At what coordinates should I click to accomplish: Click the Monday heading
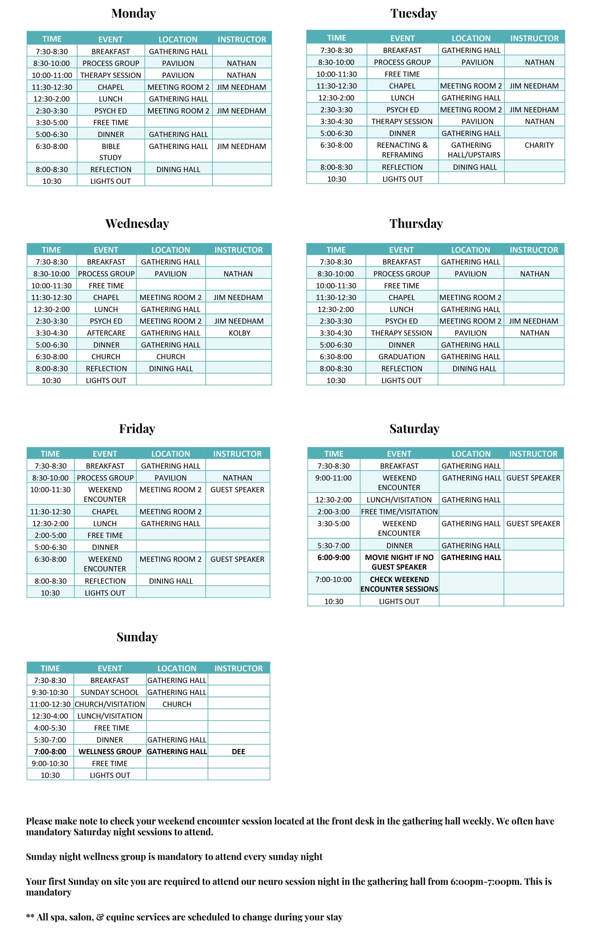pos(133,13)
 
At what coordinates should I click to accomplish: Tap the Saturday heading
pos(414,429)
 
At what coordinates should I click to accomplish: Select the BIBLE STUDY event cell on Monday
pos(110,152)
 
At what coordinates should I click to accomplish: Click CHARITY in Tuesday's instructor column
pos(539,145)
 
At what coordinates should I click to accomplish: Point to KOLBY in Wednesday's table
pos(239,333)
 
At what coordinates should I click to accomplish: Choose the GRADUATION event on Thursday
pos(401,357)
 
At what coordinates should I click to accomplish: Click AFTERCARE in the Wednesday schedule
pos(106,333)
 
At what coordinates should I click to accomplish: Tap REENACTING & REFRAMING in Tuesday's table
pos(402,150)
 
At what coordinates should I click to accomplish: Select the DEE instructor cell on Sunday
pos(238,752)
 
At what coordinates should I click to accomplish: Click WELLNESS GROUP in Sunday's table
pos(110,752)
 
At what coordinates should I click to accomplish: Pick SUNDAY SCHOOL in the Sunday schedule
pos(110,692)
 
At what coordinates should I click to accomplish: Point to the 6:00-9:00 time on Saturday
pos(334,557)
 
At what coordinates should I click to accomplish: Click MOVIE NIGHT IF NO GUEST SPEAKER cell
pos(399,562)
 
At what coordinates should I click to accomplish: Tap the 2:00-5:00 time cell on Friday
pos(50,535)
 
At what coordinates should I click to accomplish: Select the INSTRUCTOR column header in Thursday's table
pos(534,250)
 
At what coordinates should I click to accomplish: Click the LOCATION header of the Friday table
pos(170,454)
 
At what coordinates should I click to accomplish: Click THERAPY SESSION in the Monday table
pos(110,75)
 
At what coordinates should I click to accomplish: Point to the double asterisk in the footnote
pos(30,917)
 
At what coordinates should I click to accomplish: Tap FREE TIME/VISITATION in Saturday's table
pos(399,512)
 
